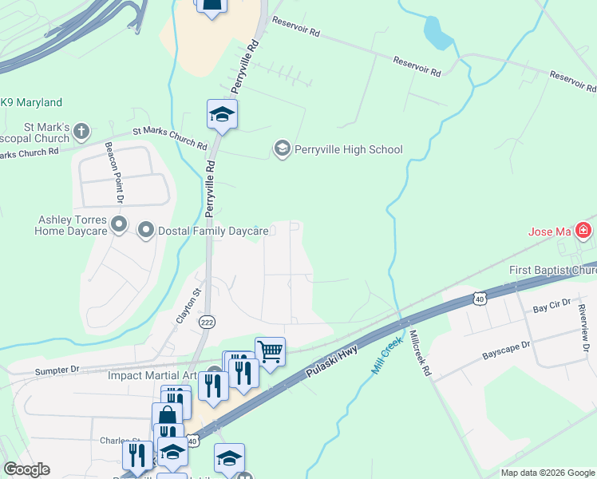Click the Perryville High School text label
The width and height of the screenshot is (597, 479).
348,149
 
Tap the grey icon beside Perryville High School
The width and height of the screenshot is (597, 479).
282,148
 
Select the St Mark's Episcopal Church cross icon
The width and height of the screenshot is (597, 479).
81,131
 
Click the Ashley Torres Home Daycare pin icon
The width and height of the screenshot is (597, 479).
119,224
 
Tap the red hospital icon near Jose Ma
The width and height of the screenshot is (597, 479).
584,232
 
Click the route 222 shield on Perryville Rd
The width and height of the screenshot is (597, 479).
207,322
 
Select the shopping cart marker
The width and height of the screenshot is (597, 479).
271,350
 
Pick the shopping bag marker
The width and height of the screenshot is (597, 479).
168,416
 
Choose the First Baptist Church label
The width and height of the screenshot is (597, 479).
552,271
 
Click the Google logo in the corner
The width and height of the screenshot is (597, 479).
26,469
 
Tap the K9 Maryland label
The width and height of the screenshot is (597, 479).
32,103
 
